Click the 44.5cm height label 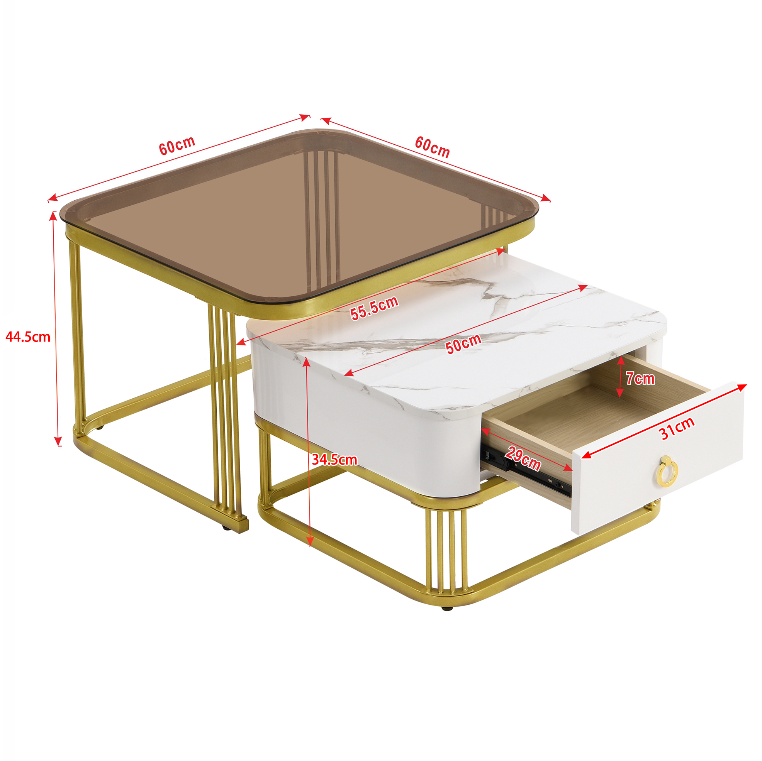pos(28,337)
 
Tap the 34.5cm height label pos(334,460)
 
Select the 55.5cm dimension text pos(374,308)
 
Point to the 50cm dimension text pos(463,344)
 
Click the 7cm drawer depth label pos(640,379)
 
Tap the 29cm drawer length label pos(523,458)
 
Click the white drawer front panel pos(658,458)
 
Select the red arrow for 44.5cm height pos(56,329)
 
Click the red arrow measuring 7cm pos(620,376)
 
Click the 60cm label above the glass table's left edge pos(177,145)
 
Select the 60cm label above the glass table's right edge pos(432,147)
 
